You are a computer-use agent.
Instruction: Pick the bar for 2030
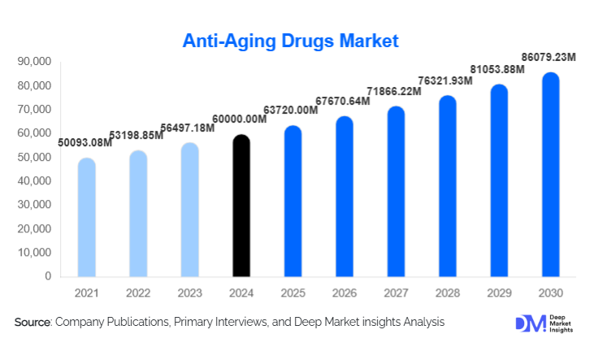tap(550, 175)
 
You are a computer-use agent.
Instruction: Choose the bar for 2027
tap(396, 192)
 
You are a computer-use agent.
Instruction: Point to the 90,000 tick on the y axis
tap(34, 62)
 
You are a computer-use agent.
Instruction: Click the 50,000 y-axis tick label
tap(34, 158)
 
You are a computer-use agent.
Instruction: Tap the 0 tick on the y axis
tap(48, 277)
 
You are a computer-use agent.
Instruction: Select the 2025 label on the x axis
tap(293, 293)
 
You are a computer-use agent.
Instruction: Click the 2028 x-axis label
tap(447, 293)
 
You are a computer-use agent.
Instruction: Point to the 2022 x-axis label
tap(138, 293)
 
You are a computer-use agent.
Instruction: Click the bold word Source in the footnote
tap(33, 323)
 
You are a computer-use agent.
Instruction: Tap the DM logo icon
tap(528, 323)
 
